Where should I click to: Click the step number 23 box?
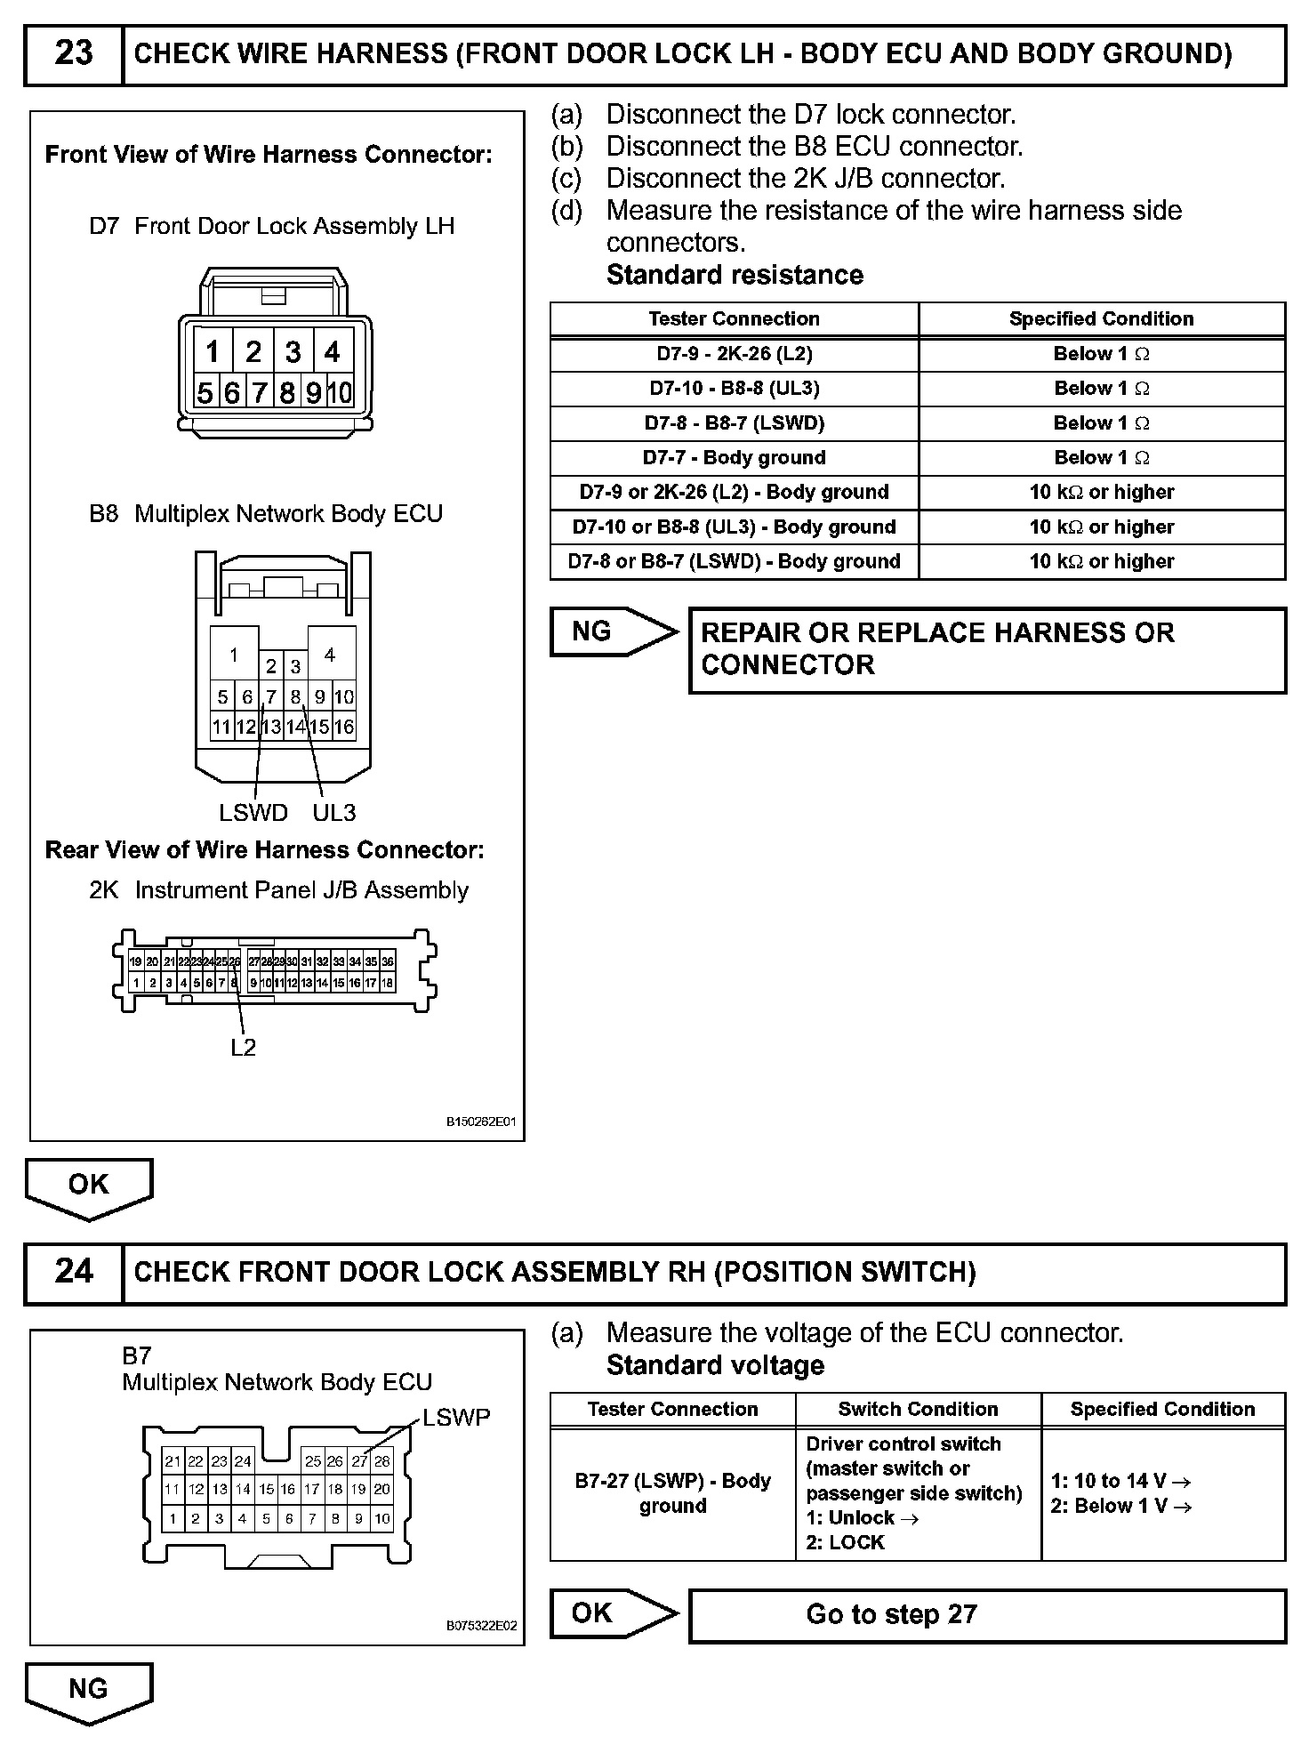coord(74,54)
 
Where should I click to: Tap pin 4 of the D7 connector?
coord(333,352)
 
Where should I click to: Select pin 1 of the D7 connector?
coord(213,352)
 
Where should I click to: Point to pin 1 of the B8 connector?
coord(234,655)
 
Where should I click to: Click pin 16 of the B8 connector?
coord(344,727)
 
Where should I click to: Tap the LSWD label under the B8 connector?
coord(253,812)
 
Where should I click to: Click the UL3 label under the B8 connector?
coord(334,812)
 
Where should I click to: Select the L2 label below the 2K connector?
coord(243,1048)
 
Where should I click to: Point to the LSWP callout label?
coord(456,1417)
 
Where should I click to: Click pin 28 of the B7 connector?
coord(382,1460)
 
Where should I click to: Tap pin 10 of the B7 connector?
coord(382,1519)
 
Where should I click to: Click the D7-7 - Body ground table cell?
coord(734,458)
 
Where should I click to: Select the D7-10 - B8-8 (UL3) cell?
coord(734,389)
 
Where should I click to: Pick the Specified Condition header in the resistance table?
coord(1101,319)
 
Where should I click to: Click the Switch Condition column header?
coord(918,1409)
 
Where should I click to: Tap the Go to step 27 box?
coord(987,1614)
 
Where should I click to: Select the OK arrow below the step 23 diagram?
coord(88,1187)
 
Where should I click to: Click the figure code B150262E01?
coord(481,1122)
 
